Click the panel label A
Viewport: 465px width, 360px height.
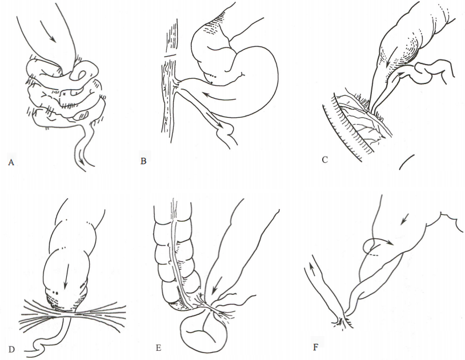click(x=11, y=162)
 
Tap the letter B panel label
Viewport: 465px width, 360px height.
click(x=143, y=161)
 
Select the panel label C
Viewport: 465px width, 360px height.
click(x=324, y=159)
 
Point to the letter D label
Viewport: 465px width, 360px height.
click(x=11, y=350)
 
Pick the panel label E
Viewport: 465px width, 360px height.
click(x=158, y=348)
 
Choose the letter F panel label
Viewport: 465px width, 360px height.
click(x=315, y=347)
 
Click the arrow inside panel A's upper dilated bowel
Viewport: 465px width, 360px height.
click(x=48, y=32)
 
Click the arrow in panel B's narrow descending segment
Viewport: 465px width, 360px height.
click(x=213, y=119)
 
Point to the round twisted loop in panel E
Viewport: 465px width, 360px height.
click(x=205, y=330)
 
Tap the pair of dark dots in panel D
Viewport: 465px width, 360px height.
click(x=55, y=293)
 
